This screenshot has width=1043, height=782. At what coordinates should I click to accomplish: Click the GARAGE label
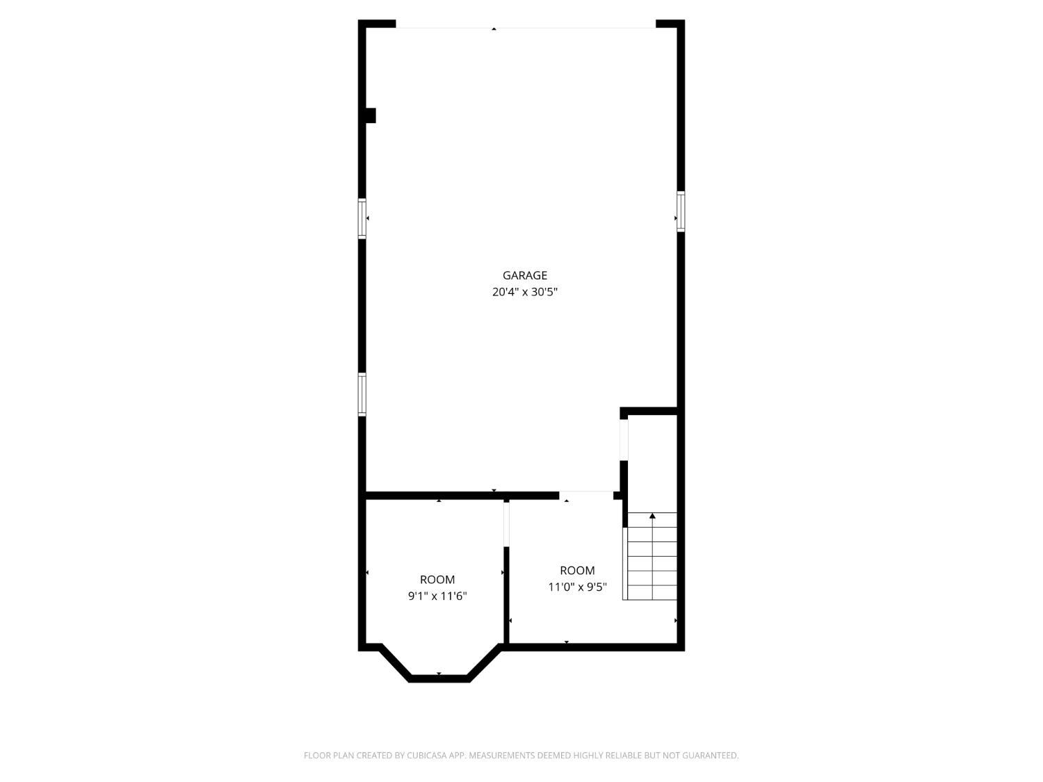click(x=524, y=275)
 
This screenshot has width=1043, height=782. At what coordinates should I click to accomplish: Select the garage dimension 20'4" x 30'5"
click(x=524, y=292)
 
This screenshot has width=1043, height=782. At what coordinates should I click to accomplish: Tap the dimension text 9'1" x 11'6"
click(x=437, y=596)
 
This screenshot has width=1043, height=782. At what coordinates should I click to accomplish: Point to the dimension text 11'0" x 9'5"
click(x=577, y=587)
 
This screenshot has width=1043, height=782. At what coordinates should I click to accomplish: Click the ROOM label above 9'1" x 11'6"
click(x=437, y=579)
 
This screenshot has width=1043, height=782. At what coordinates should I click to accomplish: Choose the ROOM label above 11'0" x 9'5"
click(x=577, y=570)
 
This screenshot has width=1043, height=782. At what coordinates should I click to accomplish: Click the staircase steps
click(x=652, y=563)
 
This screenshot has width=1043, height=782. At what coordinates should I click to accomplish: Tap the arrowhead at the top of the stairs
click(x=652, y=516)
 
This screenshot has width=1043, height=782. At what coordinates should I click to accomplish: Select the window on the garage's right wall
click(x=681, y=211)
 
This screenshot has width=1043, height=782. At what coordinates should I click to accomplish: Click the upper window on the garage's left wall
click(x=362, y=218)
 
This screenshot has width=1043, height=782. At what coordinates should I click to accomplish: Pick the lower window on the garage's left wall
click(x=362, y=394)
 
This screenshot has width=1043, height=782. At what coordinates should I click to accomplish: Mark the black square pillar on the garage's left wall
click(x=370, y=115)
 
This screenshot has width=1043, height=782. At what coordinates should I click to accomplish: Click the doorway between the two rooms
click(x=506, y=523)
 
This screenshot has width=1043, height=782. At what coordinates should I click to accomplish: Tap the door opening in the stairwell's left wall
click(x=624, y=439)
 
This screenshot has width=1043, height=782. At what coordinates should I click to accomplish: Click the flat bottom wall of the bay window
click(x=439, y=678)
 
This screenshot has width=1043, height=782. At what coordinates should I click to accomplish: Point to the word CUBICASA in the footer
click(x=426, y=756)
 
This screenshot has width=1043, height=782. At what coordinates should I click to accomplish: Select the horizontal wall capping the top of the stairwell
click(x=649, y=412)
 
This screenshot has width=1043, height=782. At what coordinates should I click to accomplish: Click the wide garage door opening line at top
click(x=526, y=28)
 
